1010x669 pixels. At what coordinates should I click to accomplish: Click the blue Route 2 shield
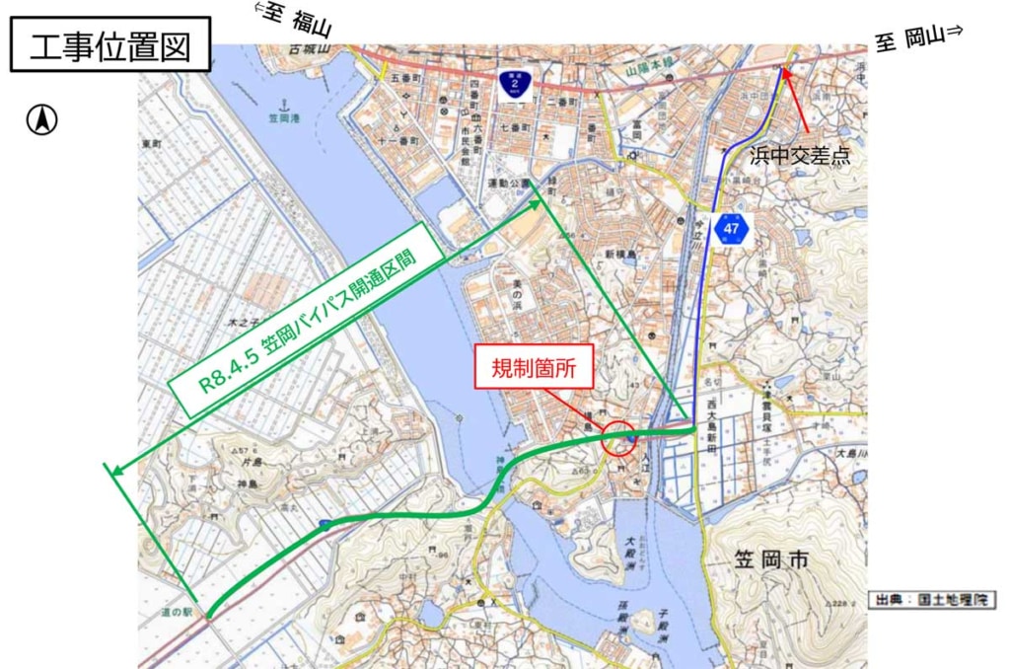[x=511, y=84]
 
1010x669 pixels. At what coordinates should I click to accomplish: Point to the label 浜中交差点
[x=799, y=154]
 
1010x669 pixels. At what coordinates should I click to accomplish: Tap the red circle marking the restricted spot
[x=619, y=438]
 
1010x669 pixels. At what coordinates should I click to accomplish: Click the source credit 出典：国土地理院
[x=932, y=599]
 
